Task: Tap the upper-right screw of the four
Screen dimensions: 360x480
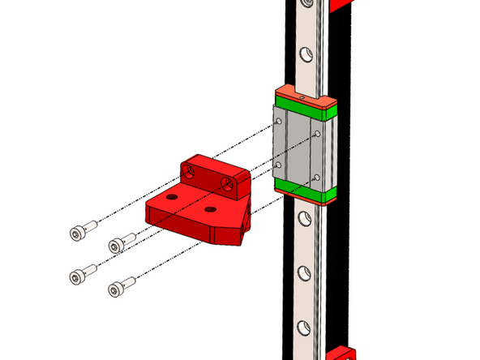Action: point(119,242)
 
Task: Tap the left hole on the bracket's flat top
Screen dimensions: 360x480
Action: point(171,197)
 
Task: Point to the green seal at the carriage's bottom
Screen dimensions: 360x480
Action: point(305,191)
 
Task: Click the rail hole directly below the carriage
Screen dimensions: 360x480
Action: point(303,217)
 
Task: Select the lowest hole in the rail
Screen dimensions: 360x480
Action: point(303,328)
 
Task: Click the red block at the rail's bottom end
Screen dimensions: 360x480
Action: point(341,354)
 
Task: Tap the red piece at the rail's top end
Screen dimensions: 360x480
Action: point(341,4)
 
